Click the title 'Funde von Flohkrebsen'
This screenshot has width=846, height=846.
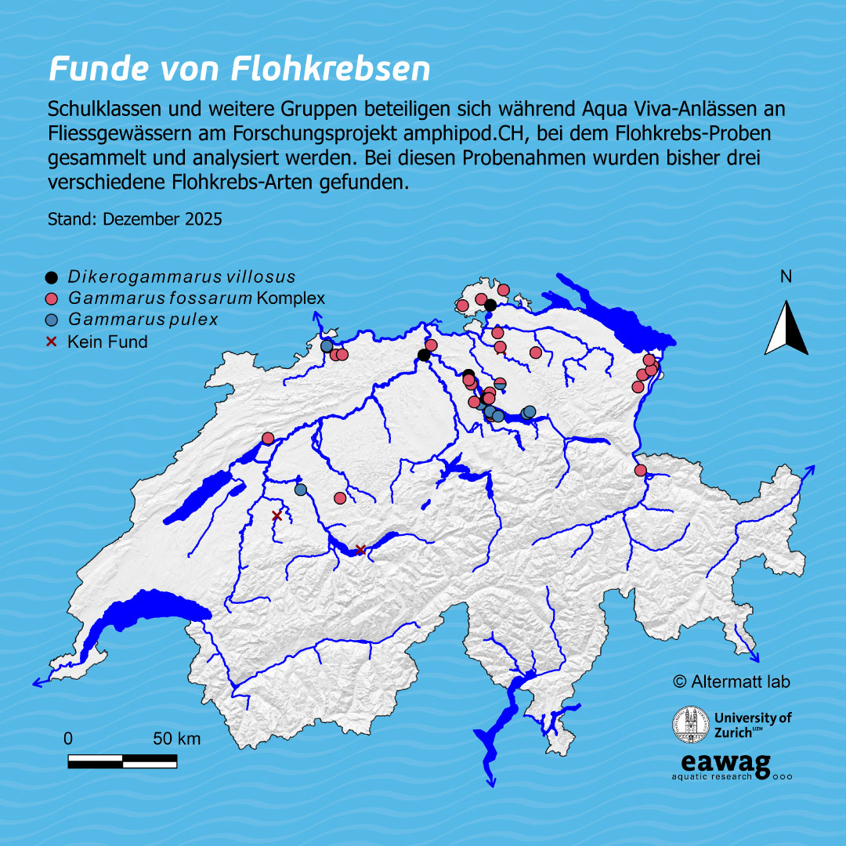(239, 69)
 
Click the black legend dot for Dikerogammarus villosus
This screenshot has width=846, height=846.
(52, 277)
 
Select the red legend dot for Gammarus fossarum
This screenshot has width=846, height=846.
(52, 298)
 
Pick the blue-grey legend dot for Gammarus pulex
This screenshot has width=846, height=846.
(52, 320)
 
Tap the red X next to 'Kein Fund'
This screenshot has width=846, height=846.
(52, 342)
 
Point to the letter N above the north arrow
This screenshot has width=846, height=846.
(786, 277)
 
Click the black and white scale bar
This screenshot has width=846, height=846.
(122, 761)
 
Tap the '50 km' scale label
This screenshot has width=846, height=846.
(176, 739)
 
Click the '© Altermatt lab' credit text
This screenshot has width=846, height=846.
(731, 681)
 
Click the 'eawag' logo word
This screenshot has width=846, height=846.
(725, 762)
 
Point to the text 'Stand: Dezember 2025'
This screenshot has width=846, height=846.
(135, 219)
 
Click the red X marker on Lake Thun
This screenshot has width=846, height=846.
(360, 550)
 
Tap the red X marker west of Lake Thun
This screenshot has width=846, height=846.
(276, 515)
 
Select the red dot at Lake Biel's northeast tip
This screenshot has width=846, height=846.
(267, 439)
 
